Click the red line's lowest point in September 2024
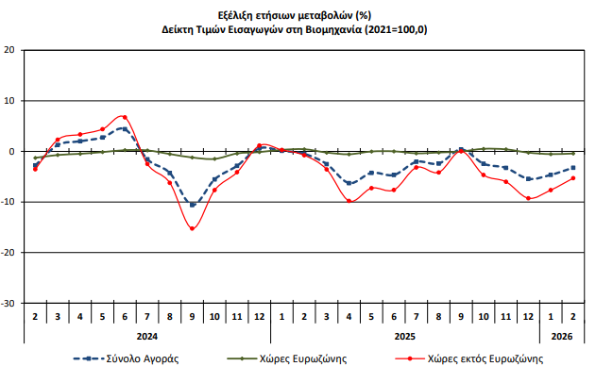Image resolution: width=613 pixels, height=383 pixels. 192,228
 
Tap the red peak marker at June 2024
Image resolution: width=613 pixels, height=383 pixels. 125,117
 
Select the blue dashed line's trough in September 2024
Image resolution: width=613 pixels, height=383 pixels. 192,205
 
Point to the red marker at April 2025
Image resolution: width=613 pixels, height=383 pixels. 349,201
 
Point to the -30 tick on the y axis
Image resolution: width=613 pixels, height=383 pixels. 9,304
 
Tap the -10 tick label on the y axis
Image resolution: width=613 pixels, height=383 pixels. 9,203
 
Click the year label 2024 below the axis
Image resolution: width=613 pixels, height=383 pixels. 146,335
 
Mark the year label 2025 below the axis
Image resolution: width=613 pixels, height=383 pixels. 404,335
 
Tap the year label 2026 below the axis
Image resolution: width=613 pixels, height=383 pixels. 561,335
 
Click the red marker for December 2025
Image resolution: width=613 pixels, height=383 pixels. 528,198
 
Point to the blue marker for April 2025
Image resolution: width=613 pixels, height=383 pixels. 349,183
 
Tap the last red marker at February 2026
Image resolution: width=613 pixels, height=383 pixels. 572,178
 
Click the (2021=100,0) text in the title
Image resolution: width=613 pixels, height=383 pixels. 397,30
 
